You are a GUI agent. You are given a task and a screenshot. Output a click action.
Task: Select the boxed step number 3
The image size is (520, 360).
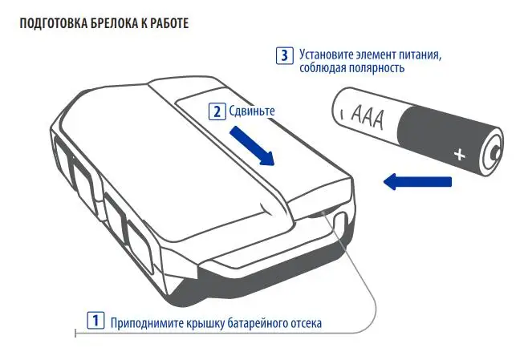(285, 55)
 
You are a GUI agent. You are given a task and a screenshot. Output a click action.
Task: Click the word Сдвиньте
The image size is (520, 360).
(252, 111)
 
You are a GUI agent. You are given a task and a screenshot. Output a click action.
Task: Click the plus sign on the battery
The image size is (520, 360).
(460, 155)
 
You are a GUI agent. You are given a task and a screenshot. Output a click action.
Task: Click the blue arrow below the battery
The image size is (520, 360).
(416, 181)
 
